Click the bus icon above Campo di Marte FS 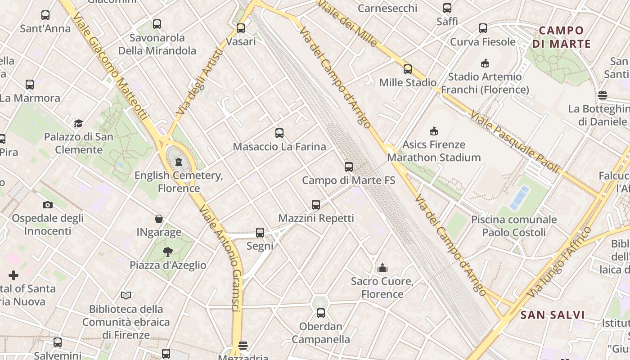pyautogui.click(x=349, y=167)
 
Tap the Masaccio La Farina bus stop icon pyautogui.click(x=279, y=133)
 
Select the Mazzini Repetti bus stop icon pyautogui.click(x=316, y=205)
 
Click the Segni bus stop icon pyautogui.click(x=260, y=233)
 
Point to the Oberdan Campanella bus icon pyautogui.click(x=321, y=313)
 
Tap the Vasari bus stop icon pyautogui.click(x=241, y=28)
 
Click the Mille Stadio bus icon pyautogui.click(x=408, y=69)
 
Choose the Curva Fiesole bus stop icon pyautogui.click(x=483, y=28)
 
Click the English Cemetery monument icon pyautogui.click(x=179, y=162)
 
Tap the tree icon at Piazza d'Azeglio pyautogui.click(x=168, y=252)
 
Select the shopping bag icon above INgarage pyautogui.click(x=159, y=219)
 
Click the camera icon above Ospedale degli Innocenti pyautogui.click(x=48, y=205)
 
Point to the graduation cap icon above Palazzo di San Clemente pyautogui.click(x=79, y=123)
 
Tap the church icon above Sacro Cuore pyautogui.click(x=382, y=268)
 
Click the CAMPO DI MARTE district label pyautogui.click(x=561, y=37)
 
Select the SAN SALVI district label pyautogui.click(x=553, y=315)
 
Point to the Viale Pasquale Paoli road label pyautogui.click(x=515, y=142)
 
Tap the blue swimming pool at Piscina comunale pyautogui.click(x=519, y=198)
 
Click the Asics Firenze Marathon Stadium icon pyautogui.click(x=434, y=131)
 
